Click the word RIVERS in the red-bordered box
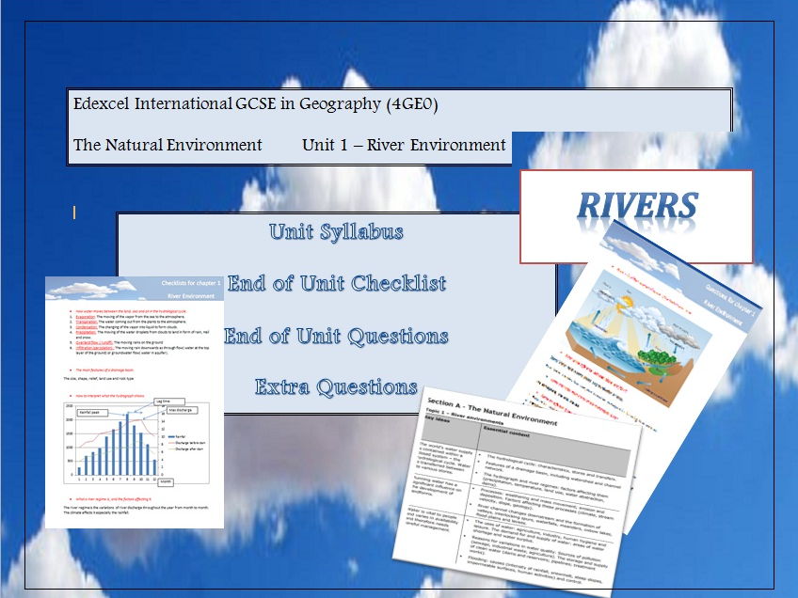pos(637,206)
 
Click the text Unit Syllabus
pos(336,231)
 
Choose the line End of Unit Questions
pos(336,336)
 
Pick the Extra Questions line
pos(336,386)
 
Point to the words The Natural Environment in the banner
pos(168,145)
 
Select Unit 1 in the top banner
pos(330,145)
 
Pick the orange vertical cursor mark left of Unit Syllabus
pos(74,213)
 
